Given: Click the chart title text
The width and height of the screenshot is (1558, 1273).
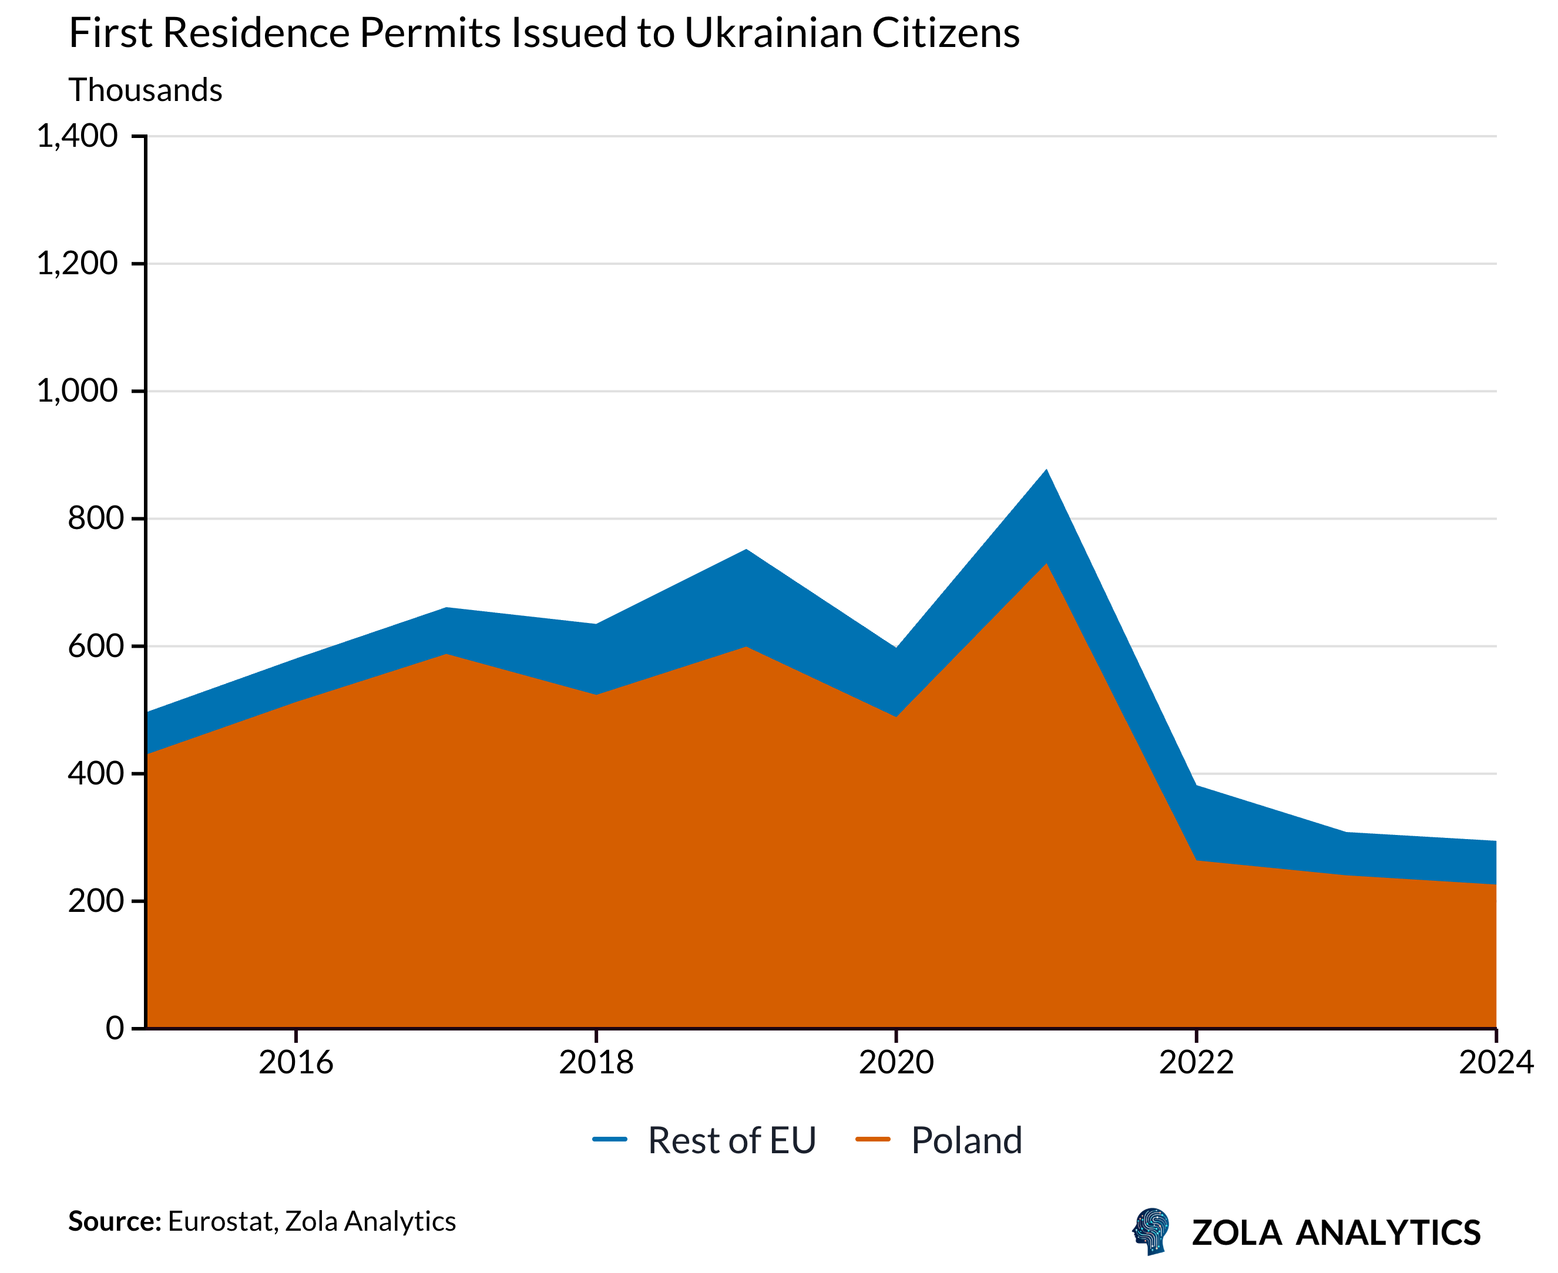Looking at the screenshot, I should pos(543,33).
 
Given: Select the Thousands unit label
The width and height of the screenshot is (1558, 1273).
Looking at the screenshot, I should pos(145,90).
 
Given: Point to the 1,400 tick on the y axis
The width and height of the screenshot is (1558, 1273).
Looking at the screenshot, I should pos(77,136).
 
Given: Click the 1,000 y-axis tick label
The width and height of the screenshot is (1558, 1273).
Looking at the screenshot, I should pos(77,391).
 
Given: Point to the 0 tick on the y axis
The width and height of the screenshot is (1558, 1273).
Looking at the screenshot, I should pos(114,1028).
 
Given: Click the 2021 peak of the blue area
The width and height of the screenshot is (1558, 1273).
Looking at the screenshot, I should pos(1046,471).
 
